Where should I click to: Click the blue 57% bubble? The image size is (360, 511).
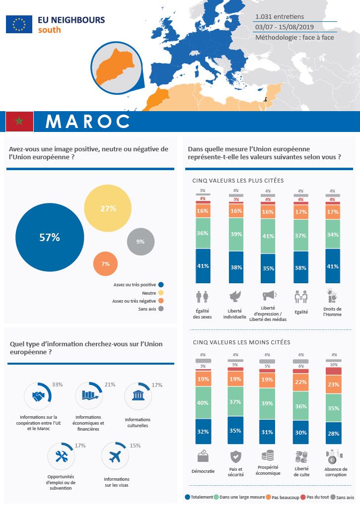pyautogui.click(x=50, y=238)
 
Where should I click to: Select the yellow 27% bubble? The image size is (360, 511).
pyautogui.click(x=108, y=209)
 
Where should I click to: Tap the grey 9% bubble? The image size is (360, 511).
pyautogui.click(x=141, y=242)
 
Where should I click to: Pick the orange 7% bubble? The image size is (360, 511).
pyautogui.click(x=105, y=264)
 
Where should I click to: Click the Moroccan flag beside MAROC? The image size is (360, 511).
pyautogui.click(x=19, y=121)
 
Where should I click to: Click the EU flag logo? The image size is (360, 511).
pyautogui.click(x=19, y=24)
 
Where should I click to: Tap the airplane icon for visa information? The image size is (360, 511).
pyautogui.click(x=115, y=457)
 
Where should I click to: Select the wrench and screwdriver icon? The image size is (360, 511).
pyautogui.click(x=62, y=457)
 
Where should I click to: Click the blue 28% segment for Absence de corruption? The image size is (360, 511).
pyautogui.click(x=333, y=433)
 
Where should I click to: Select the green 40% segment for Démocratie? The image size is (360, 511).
pyautogui.click(x=203, y=403)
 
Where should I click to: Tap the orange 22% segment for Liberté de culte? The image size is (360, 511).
pyautogui.click(x=300, y=382)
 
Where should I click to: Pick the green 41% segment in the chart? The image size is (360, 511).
pyautogui.click(x=268, y=236)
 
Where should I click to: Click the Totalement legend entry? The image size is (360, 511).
pyautogui.click(x=199, y=497)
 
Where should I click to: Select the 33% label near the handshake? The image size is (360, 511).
pyautogui.click(x=57, y=384)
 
